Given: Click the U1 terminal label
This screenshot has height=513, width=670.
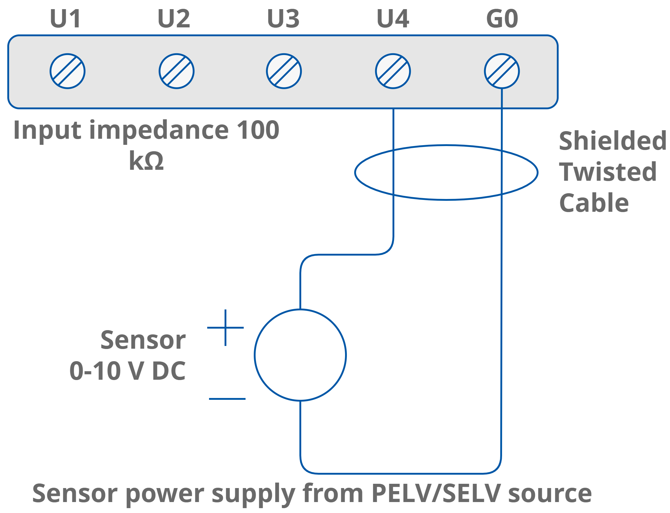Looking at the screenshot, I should coord(66,19).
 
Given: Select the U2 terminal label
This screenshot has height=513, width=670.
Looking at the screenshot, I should coord(174,19).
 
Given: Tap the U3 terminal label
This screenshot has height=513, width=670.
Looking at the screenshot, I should coord(283,19).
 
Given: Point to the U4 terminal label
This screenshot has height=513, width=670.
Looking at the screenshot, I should coord(393,19).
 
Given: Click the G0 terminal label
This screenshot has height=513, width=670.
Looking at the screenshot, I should coord(502,19).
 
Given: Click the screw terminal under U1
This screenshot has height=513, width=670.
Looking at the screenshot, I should coord(68,71).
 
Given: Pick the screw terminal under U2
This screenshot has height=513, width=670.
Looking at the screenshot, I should coord(176,71).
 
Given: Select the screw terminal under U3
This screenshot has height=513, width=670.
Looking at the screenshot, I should coord(284,71).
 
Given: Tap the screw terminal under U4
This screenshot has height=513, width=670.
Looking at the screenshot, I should coord(393,71).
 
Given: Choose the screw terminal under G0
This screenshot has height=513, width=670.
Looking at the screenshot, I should coord(502,71).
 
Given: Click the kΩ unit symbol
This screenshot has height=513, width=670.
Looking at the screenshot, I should coord(147,161).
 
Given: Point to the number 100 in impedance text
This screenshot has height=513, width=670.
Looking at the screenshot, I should coord(258,130).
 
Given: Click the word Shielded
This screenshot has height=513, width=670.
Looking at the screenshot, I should coord(612,141).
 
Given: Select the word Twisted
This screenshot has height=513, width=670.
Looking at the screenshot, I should coord(608,172).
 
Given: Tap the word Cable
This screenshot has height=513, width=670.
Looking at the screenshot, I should coord(594,203).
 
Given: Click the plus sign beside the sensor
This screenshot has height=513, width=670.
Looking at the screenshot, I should coord(225,328).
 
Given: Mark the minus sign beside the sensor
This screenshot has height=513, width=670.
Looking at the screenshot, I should coord(227,399).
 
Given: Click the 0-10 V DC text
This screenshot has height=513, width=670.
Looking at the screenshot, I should coord(128,371).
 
